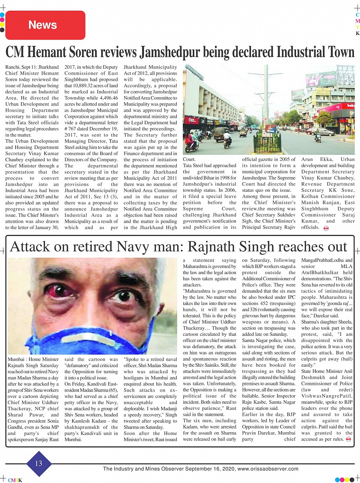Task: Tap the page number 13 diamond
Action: coord(39,464)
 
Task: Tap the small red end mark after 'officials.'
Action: coord(326,228)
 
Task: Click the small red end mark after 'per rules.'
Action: coord(348,439)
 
